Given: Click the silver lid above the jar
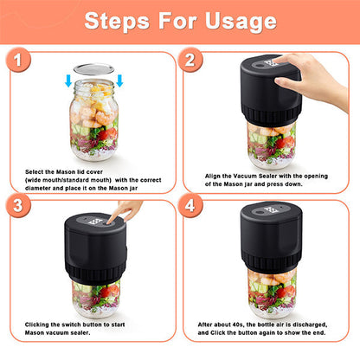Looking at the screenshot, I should point(94,70).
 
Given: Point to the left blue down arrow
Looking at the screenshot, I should point(68,81).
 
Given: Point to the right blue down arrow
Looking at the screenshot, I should point(120,81).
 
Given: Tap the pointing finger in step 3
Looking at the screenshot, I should point(128,210).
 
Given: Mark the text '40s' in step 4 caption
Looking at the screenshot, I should point(249,324).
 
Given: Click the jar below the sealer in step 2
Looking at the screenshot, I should point(269,145).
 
